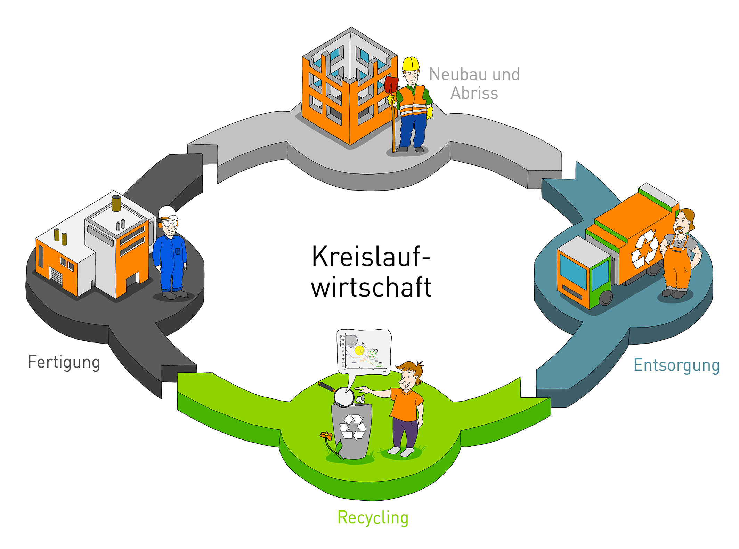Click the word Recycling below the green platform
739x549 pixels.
click(373, 518)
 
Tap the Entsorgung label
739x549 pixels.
click(676, 365)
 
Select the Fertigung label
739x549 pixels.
click(64, 362)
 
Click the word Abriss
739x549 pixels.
click(474, 93)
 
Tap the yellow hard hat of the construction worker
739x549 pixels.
click(411, 64)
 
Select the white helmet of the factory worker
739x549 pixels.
click(168, 211)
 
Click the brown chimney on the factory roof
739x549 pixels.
click(116, 203)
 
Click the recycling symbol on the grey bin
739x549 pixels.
click(352, 427)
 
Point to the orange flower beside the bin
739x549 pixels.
click(326, 435)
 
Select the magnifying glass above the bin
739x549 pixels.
click(344, 397)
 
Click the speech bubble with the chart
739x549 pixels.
click(364, 351)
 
